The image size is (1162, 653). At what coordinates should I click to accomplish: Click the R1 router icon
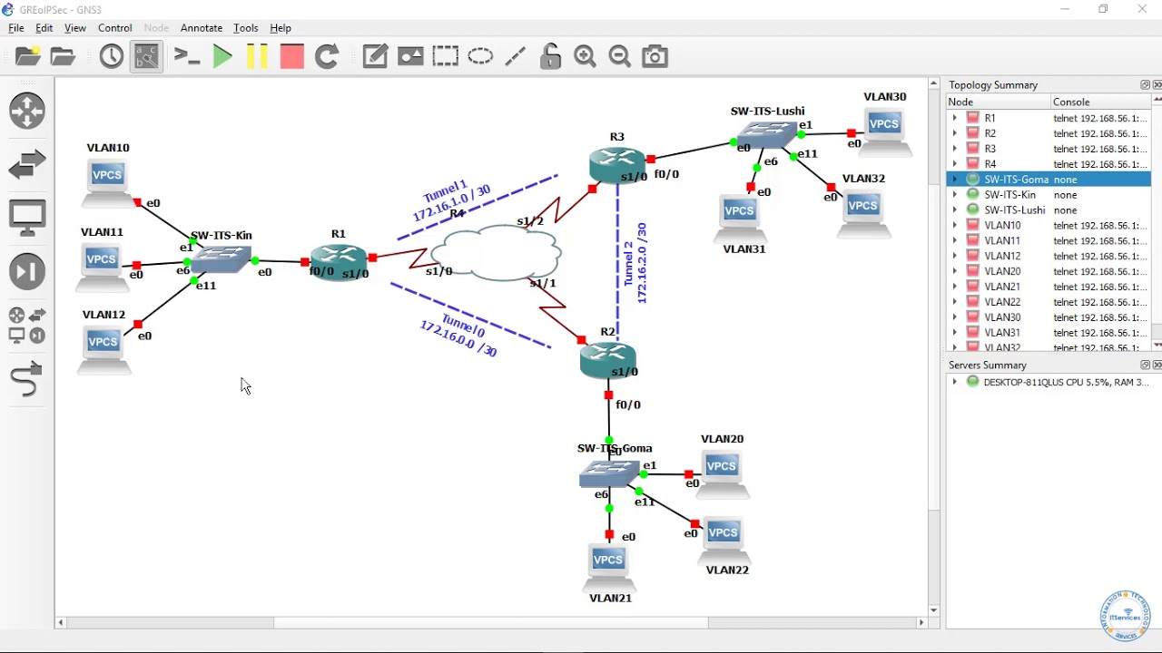pos(338,261)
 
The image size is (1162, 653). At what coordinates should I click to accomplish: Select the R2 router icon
pos(607,360)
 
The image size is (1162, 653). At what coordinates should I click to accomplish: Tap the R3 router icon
pos(616,164)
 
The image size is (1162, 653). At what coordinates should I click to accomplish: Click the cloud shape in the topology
pos(497,252)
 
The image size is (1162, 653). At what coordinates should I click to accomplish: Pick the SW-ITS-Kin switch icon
pos(221,259)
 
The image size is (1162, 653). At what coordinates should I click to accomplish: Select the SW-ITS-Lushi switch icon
pos(767,134)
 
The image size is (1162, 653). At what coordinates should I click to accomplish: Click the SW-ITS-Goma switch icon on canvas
pos(609,473)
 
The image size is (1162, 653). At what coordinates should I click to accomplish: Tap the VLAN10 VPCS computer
pos(107,180)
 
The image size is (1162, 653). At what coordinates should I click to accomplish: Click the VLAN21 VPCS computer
pos(608,566)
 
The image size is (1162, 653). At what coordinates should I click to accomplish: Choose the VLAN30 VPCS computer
pos(884,130)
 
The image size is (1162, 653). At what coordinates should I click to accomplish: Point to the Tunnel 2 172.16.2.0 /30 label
pos(635,263)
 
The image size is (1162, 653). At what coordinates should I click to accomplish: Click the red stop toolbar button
pos(291,56)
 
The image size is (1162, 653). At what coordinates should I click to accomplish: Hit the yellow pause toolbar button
pos(257,56)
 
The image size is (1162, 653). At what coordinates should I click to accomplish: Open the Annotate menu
pos(202,28)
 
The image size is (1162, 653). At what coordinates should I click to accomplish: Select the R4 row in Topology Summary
pos(990,164)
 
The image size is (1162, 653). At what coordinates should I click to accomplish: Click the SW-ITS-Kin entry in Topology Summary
pos(1009,195)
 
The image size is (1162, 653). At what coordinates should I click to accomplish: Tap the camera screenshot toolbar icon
pos(655,56)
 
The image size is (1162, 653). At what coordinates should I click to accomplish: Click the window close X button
pos(1142,9)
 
